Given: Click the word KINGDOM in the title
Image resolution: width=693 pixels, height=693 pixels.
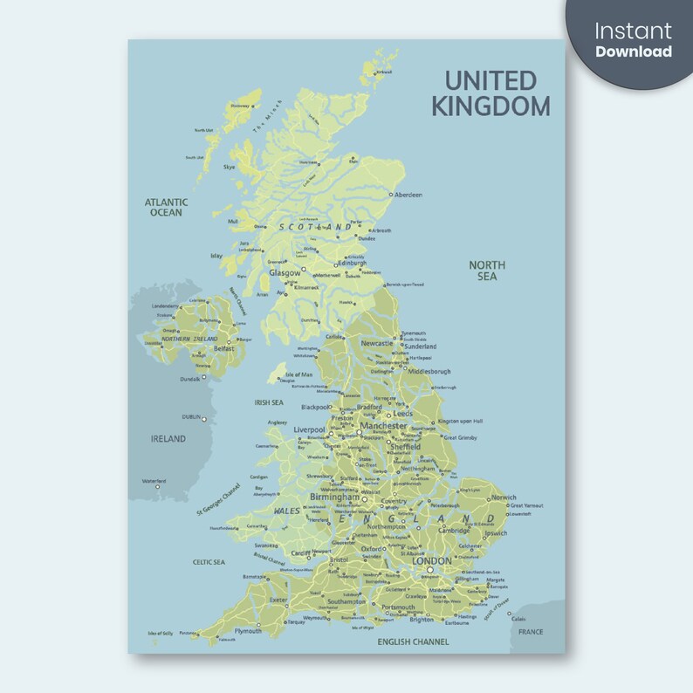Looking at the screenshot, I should click(492, 106).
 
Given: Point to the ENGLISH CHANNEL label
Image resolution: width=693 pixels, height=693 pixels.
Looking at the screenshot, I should click(413, 642).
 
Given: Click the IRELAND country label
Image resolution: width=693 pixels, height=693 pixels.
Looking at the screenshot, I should click(168, 439).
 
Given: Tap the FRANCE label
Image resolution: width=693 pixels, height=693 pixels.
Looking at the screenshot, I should click(530, 632).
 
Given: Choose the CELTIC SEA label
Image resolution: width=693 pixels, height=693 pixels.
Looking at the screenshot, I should click(209, 562).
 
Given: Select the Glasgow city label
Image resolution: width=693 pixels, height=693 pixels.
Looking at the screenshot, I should click(285, 272).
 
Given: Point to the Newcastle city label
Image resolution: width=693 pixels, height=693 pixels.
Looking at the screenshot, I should click(378, 343).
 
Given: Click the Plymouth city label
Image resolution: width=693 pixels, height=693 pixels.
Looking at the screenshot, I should click(248, 630).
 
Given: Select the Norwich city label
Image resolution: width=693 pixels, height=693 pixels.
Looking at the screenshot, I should click(504, 497).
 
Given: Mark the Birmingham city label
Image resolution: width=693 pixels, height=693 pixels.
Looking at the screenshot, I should click(334, 497).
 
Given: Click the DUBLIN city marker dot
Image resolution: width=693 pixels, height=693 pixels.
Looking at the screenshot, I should click(205, 419).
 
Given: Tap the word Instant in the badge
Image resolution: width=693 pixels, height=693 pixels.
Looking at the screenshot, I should click(633, 31).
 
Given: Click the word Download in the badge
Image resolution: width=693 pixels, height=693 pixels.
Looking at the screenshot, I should click(633, 51).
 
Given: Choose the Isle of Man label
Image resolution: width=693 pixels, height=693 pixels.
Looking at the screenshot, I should click(299, 374).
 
